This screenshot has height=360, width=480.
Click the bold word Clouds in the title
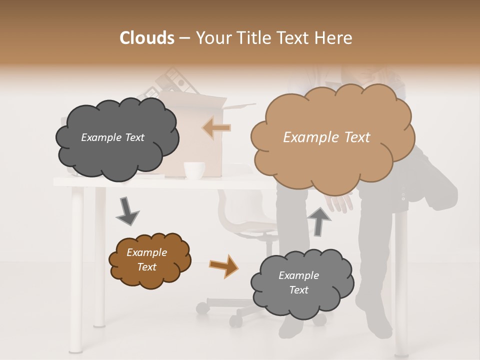[x=147, y=38]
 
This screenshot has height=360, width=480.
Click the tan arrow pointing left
[x=216, y=128]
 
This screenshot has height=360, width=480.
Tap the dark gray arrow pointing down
[x=127, y=211]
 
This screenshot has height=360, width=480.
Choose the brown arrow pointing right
[x=223, y=265]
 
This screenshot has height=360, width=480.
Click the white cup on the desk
[x=194, y=170]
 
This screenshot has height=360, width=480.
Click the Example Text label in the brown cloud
[x=147, y=259]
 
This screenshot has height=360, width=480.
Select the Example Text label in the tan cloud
[x=326, y=137]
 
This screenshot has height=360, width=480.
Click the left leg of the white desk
[x=76, y=270]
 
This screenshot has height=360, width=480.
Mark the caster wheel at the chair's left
[x=202, y=308]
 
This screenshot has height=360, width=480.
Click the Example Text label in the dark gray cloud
[x=112, y=137]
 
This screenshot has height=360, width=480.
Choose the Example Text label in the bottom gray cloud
[x=298, y=282]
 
